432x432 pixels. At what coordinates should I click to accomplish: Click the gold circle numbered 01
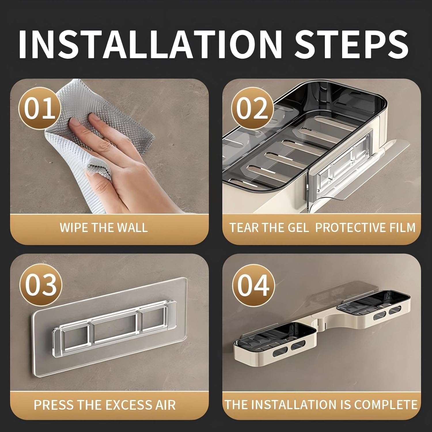coord(39,109)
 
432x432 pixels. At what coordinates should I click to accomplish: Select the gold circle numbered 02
coord(252,109)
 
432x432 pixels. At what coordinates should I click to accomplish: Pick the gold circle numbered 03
coord(41,285)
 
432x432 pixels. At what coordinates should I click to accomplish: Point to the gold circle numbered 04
coord(253,285)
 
